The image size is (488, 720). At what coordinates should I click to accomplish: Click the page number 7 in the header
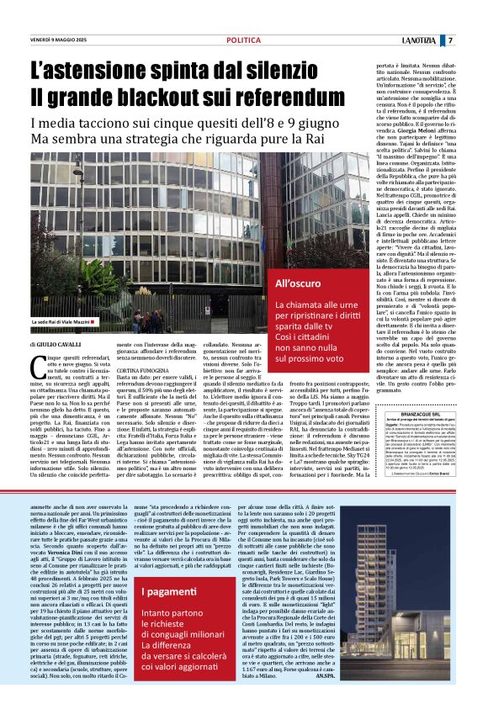click(x=474, y=40)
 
